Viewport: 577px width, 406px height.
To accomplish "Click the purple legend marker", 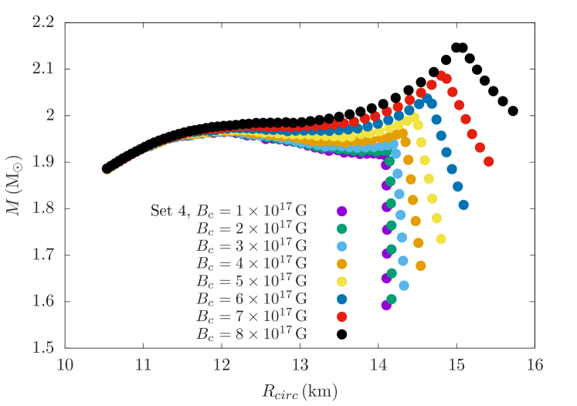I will tap(341, 211).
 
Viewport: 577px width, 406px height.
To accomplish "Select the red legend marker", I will tap(341, 316).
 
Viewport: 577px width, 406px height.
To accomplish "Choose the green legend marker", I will tap(341, 228).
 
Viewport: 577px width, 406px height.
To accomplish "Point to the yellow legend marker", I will tap(341, 281).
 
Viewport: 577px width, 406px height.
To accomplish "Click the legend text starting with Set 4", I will tap(229, 211).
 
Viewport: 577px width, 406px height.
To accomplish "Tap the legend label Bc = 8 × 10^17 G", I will tap(252, 334).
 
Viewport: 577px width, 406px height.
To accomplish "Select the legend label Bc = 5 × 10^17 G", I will tap(252, 281).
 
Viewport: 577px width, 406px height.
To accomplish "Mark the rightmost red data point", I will tap(488, 162).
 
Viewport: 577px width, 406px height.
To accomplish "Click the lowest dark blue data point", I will tap(463, 205).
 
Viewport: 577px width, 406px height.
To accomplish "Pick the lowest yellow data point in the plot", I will tap(441, 239).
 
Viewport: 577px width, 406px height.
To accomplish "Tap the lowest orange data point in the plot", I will tap(421, 266).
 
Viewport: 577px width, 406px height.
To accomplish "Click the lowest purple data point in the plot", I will tap(386, 305).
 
